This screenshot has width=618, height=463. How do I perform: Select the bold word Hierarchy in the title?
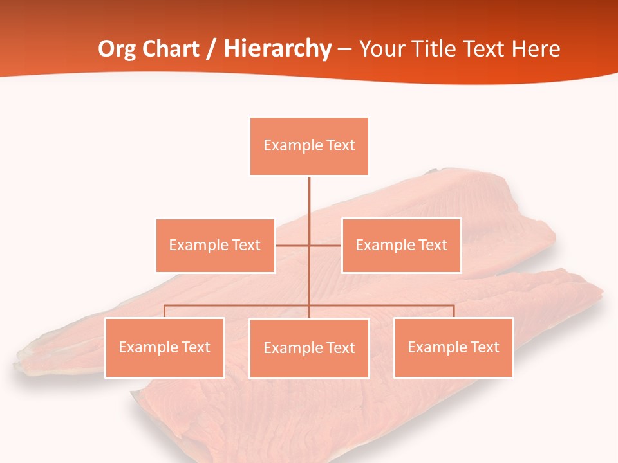pyautogui.click(x=277, y=49)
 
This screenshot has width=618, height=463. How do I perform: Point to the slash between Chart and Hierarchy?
pyautogui.click(x=211, y=49)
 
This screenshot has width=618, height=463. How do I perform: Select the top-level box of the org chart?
pyautogui.click(x=309, y=146)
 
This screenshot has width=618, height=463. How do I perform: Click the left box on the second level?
pyautogui.click(x=215, y=246)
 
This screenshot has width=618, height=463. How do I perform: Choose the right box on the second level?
pyautogui.click(x=401, y=246)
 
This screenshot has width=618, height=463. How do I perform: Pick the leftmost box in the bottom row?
pyautogui.click(x=164, y=348)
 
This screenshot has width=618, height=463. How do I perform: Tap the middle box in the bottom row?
pyautogui.click(x=309, y=349)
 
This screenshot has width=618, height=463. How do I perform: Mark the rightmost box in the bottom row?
pyautogui.click(x=453, y=348)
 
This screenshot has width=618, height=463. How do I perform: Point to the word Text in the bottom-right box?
pyautogui.click(x=485, y=347)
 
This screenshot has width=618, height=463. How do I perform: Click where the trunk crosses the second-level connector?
pyautogui.click(x=309, y=246)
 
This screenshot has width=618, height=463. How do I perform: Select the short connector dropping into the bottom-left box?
pyautogui.click(x=164, y=311)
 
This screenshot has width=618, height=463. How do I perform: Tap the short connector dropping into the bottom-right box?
pyautogui.click(x=454, y=311)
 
